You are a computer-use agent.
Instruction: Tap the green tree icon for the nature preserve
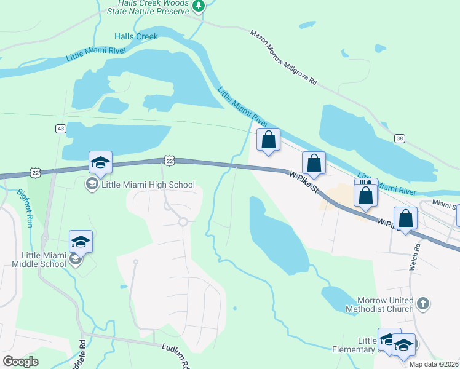(x=198, y=6)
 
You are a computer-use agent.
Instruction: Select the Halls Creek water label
(x=136, y=36)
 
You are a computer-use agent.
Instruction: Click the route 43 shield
(x=60, y=129)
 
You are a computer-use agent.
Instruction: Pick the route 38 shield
(x=400, y=138)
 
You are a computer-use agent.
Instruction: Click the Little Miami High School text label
(x=148, y=184)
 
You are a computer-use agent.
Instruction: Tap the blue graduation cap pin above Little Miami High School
(x=100, y=164)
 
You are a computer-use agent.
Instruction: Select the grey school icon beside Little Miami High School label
(x=92, y=184)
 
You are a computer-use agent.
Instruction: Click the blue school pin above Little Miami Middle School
(x=81, y=242)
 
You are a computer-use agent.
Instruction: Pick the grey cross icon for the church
(x=422, y=303)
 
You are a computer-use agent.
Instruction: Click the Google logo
(x=20, y=362)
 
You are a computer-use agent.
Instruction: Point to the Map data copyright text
(x=434, y=364)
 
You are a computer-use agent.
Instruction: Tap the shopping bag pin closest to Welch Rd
(x=406, y=219)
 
